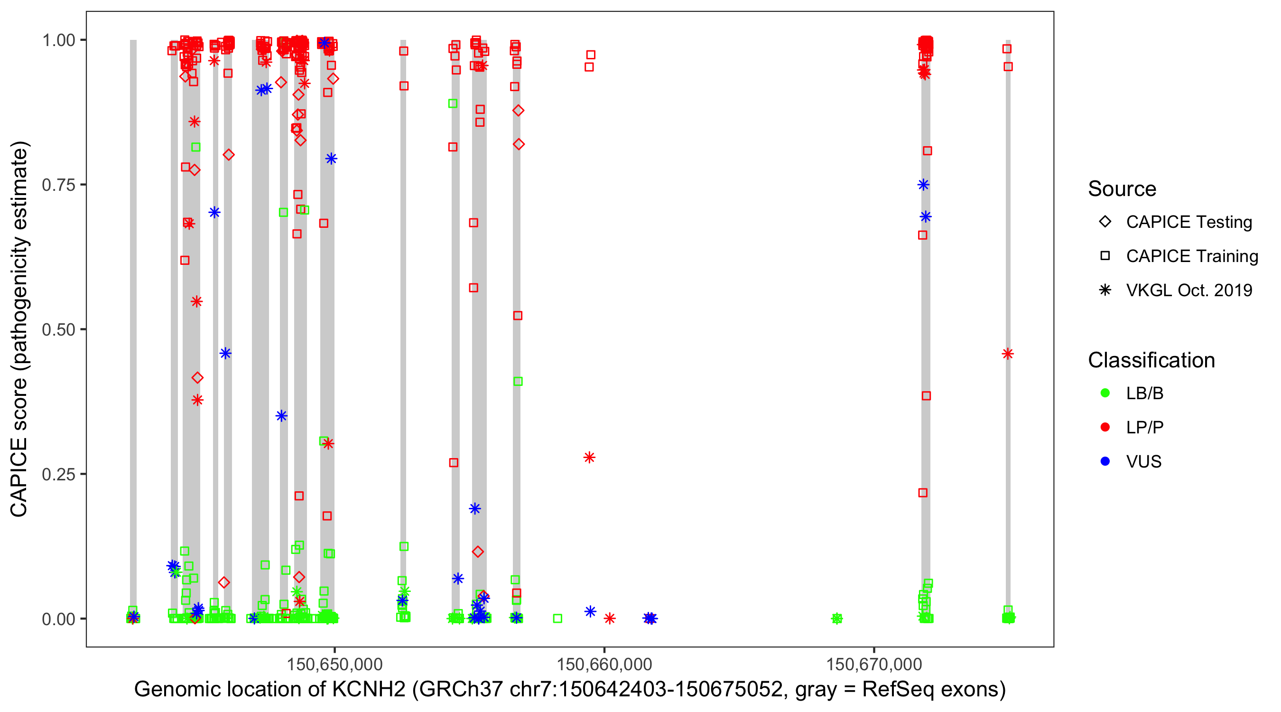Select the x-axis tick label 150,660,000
pyautogui.click(x=603, y=664)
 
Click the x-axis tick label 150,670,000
pyautogui.click(x=874, y=664)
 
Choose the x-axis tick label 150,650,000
pyautogui.click(x=334, y=664)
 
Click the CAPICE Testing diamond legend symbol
pyautogui.click(x=1105, y=222)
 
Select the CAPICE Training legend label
pyautogui.click(x=1192, y=256)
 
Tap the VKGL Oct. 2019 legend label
pyautogui.click(x=1189, y=290)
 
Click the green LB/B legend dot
pyautogui.click(x=1105, y=393)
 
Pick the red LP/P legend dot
pyautogui.click(x=1105, y=427)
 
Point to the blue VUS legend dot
pyautogui.click(x=1105, y=462)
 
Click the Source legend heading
pyautogui.click(x=1122, y=189)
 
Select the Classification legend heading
pyautogui.click(x=1151, y=360)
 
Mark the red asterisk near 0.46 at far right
pyautogui.click(x=1008, y=354)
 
